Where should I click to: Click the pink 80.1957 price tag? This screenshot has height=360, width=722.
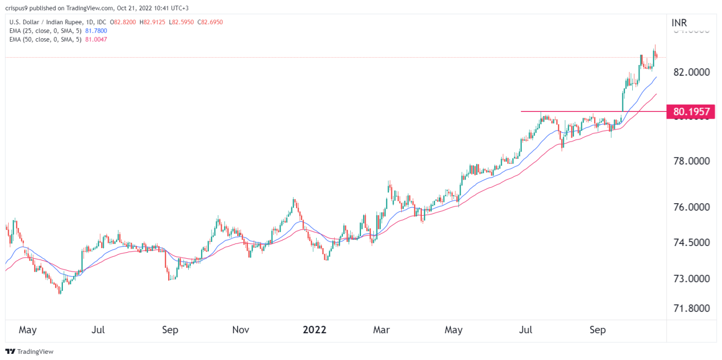pos(691,111)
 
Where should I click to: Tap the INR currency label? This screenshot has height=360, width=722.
pos(679,23)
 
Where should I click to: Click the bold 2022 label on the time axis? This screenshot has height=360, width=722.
pos(314,330)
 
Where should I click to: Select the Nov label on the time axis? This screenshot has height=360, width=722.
pos(241,330)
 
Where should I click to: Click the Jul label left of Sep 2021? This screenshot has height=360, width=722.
pos(99,330)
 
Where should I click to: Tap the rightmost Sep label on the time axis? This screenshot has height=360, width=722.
pos(598,330)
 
